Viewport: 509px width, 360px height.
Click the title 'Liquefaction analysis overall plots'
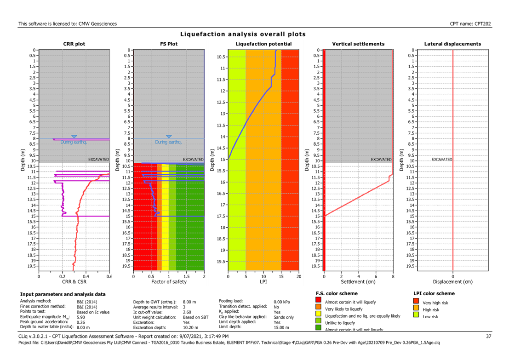point(243,34)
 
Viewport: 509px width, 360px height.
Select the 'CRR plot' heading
point(74,44)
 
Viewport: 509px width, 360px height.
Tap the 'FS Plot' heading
point(169,44)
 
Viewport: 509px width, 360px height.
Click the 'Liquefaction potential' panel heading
point(263,44)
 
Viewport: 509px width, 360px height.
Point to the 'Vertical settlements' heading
point(358,44)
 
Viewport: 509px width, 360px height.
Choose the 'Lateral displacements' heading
point(452,44)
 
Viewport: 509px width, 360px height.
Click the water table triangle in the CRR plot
point(74,136)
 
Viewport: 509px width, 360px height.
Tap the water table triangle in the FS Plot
point(169,136)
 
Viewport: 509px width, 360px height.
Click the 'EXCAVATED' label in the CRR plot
point(98,160)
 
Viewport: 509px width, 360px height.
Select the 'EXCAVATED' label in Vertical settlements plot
point(381,160)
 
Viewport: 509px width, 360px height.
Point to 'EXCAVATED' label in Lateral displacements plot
point(442,160)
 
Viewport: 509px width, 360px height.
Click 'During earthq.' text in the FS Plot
point(168,142)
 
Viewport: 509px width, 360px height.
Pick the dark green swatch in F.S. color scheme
point(318,328)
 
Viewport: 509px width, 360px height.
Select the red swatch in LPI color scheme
point(416,302)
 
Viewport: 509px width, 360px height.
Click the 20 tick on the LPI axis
point(298,276)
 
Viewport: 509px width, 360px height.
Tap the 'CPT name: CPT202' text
point(471,23)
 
